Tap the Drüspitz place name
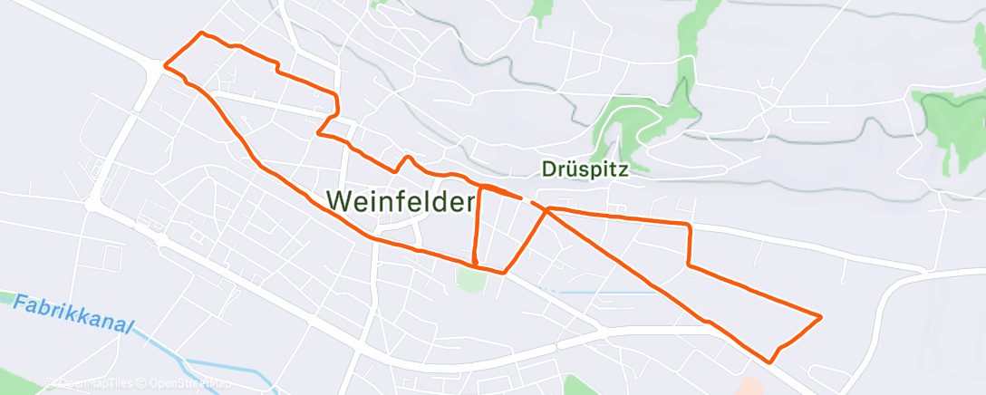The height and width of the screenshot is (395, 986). click(585, 168)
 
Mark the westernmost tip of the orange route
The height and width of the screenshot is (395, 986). click(164, 65)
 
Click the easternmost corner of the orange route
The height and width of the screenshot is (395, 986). click(821, 316)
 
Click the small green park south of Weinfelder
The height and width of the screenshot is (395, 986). click(470, 280)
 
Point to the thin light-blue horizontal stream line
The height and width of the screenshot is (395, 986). click(607, 293)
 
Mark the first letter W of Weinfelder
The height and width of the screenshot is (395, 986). click(339, 200)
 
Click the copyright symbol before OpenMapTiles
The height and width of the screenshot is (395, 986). click(50, 382)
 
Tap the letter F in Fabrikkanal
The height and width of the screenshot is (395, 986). click(20, 303)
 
